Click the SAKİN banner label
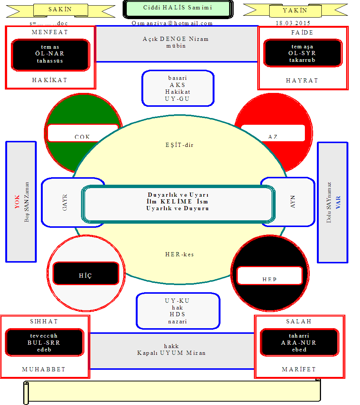click(x=60, y=9)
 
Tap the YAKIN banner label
click(x=295, y=10)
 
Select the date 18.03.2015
click(x=293, y=23)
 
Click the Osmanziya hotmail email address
click(x=172, y=23)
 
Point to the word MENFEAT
click(x=50, y=32)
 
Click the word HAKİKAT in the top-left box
click(x=49, y=80)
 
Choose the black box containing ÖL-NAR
click(x=50, y=55)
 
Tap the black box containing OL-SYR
click(x=303, y=53)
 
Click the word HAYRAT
click(x=302, y=81)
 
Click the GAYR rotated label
click(x=65, y=202)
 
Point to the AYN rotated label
click(x=292, y=202)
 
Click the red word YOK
click(x=17, y=202)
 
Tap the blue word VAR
click(x=338, y=202)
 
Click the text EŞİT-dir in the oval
click(x=179, y=145)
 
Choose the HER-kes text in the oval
click(x=179, y=254)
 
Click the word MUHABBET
click(x=44, y=369)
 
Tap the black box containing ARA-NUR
click(x=299, y=342)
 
